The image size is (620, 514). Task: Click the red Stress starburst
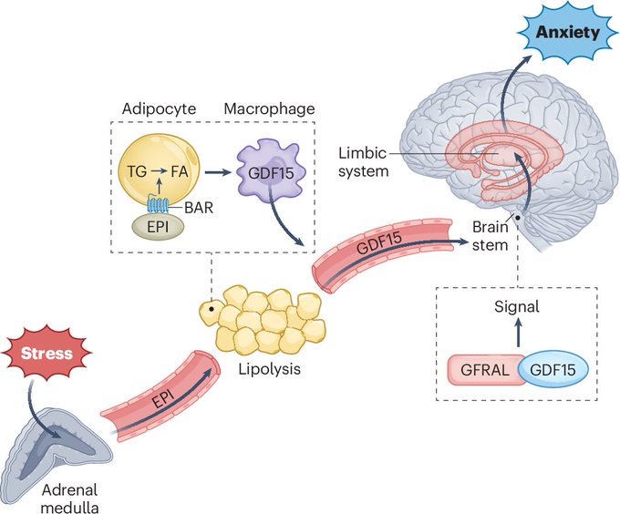click(46, 353)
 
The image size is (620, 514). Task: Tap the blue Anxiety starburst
click(568, 32)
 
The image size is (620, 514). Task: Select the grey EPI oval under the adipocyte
click(158, 228)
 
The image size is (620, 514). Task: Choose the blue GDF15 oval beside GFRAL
click(553, 370)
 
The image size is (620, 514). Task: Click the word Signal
click(517, 306)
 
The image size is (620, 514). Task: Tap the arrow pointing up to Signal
click(519, 333)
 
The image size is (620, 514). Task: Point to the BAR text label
click(199, 208)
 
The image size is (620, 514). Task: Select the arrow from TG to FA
click(160, 171)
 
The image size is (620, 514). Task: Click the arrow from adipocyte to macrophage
click(218, 172)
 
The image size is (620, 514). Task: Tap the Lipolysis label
click(269, 368)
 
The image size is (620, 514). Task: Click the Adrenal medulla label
click(69, 499)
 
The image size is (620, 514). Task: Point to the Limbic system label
click(363, 162)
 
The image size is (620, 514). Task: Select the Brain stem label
click(491, 236)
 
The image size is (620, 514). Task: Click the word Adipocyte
click(159, 109)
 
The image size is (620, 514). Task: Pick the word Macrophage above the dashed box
click(269, 109)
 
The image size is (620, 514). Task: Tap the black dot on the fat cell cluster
click(212, 309)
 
